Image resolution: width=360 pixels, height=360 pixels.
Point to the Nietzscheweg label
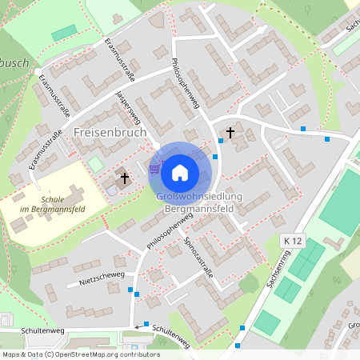[102, 278]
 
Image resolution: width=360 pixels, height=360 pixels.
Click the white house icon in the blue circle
[180, 171]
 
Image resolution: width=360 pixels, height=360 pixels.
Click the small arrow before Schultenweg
[137, 326]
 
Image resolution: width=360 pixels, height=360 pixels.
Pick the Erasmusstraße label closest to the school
[45, 150]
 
